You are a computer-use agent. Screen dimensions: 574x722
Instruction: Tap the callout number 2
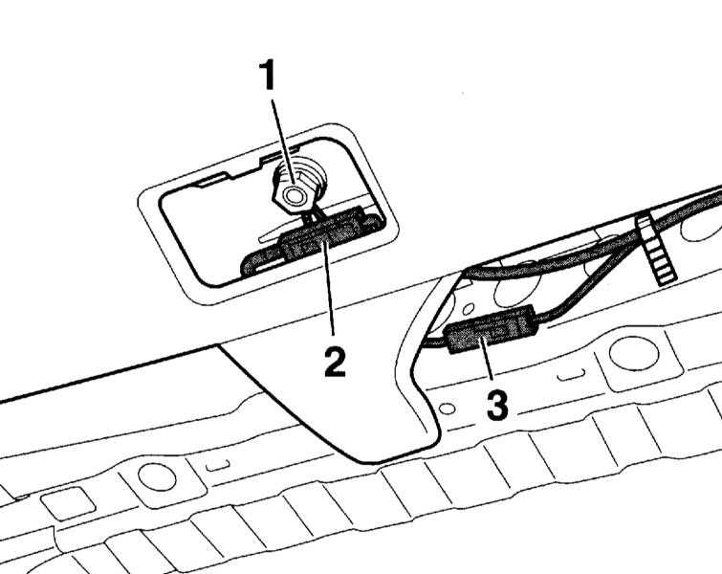point(335,361)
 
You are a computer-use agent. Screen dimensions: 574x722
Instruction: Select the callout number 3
point(496,404)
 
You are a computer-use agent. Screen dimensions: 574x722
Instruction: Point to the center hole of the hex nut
point(293,195)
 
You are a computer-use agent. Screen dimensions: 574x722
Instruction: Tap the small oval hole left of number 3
point(447,408)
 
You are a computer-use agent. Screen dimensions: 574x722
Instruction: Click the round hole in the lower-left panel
point(152,474)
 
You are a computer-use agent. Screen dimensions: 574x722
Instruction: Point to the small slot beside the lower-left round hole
point(218,466)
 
